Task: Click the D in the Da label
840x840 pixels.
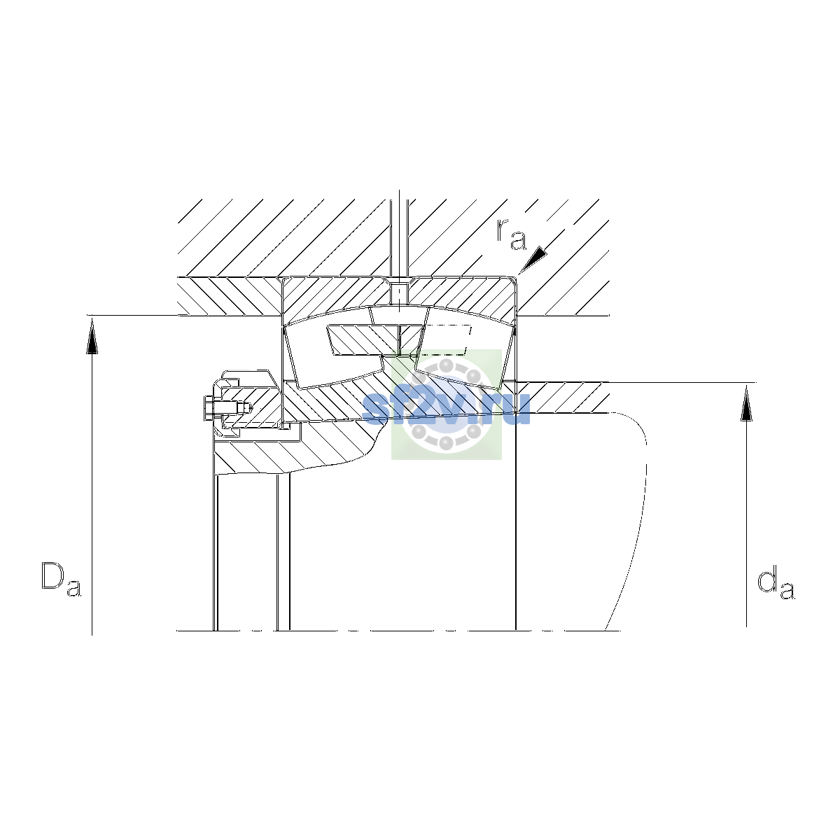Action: point(52,576)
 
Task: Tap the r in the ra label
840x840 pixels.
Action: point(503,230)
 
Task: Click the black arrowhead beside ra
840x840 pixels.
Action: point(533,260)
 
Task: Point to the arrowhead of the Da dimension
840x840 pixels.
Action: point(92,336)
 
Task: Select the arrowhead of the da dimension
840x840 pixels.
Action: point(746,404)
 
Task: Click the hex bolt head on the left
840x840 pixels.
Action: point(209,408)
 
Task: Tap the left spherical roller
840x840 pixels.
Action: point(334,356)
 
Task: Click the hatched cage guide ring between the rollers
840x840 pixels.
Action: point(376,340)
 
